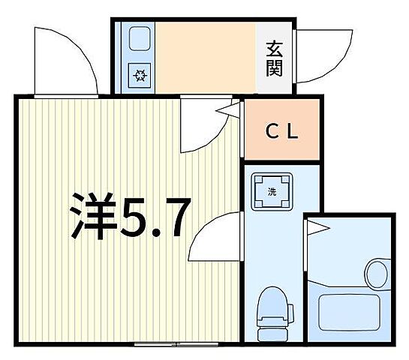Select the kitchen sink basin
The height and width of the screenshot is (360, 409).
140,40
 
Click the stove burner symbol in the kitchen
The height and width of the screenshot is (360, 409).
140,75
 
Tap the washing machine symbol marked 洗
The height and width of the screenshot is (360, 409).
272,190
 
